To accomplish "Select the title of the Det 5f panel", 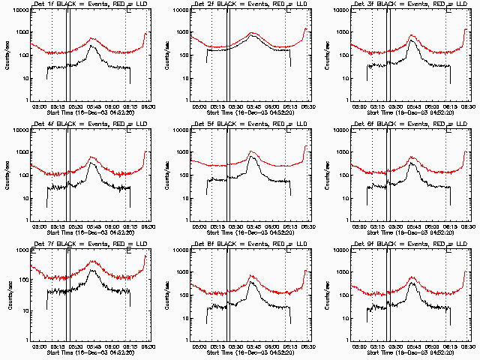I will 244,124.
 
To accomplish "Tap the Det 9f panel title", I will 405,244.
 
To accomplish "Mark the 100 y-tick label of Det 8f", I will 183,295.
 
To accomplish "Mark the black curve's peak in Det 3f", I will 412,40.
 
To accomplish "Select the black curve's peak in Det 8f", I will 252,282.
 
